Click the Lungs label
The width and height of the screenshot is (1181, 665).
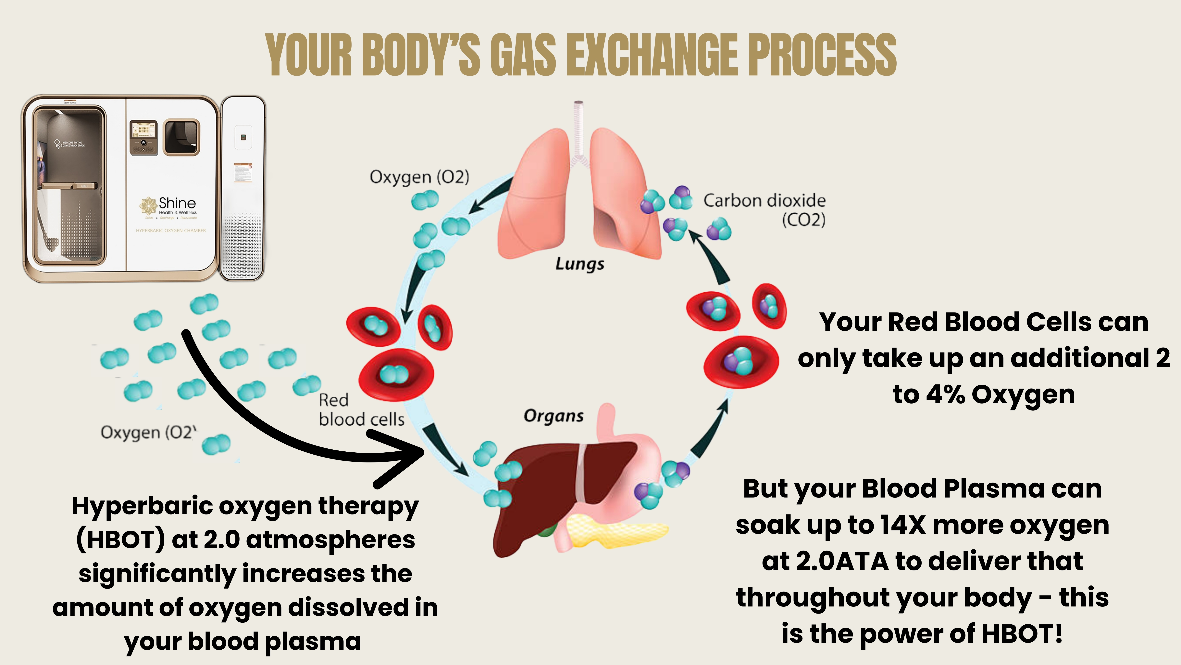pos(579,264)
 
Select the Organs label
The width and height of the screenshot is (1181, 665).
pos(553,416)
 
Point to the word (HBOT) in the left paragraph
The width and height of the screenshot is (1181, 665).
pos(120,540)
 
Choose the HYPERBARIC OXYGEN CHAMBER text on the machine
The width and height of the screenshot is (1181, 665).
pos(170,230)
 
